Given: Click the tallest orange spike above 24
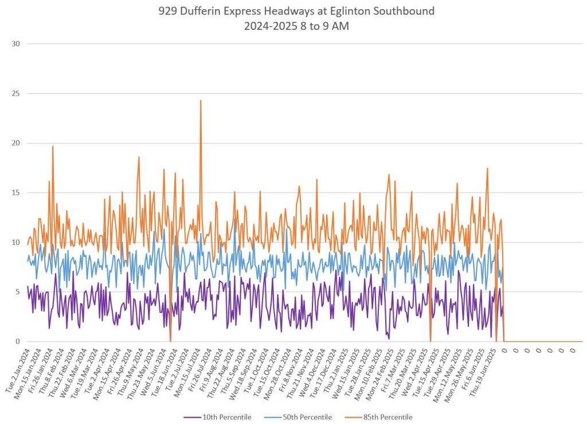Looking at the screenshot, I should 201,101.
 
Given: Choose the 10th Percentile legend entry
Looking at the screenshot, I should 223,417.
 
